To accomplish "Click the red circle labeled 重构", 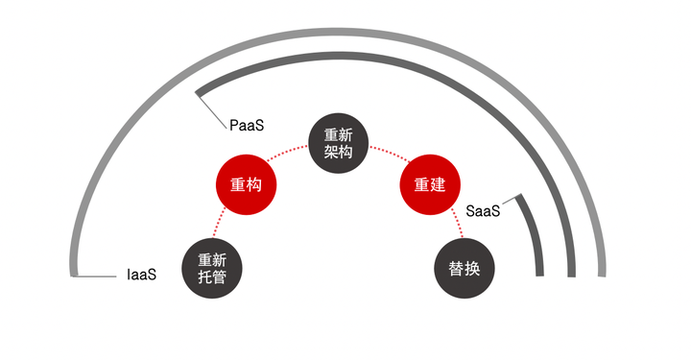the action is click(x=246, y=184).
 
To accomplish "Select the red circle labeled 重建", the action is click(x=430, y=184).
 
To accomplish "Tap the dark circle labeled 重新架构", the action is click(x=338, y=143).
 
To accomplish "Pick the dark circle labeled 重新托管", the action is click(x=212, y=269).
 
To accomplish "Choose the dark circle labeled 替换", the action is click(x=465, y=269).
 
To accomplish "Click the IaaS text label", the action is click(x=141, y=275).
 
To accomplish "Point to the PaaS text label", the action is click(x=247, y=125).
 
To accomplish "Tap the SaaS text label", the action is click(x=483, y=211).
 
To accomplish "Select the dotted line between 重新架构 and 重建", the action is click(x=390, y=153).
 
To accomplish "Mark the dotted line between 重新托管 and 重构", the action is click(x=218, y=223).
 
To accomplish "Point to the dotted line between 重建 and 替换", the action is click(x=458, y=223).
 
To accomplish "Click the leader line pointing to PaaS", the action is click(x=212, y=111).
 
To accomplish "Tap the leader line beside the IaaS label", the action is click(x=95, y=276).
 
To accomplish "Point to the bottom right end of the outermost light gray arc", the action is click(x=602, y=276).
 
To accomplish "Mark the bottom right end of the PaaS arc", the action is click(x=572, y=276).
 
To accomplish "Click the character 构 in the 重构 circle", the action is click(x=254, y=184).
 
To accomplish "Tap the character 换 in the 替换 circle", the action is click(x=472, y=269).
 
